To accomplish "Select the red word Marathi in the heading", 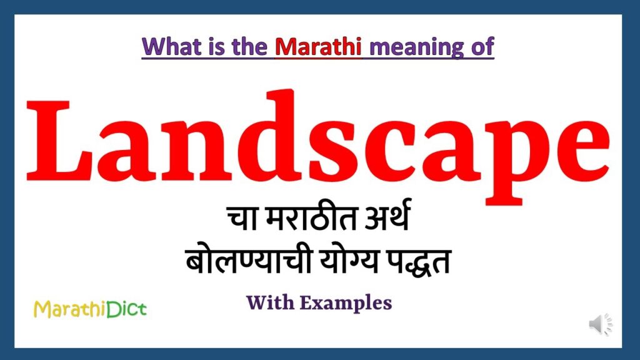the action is coord(318,46).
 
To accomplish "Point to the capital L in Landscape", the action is coord(59,140).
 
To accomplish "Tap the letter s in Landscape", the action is coord(332,151).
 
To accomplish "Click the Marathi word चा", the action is coord(242,218).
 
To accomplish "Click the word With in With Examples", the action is coord(270,302).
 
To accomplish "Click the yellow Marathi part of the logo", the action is coord(70,309).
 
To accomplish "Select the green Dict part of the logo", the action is coord(126,309).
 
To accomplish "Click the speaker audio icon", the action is coord(601,324).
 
